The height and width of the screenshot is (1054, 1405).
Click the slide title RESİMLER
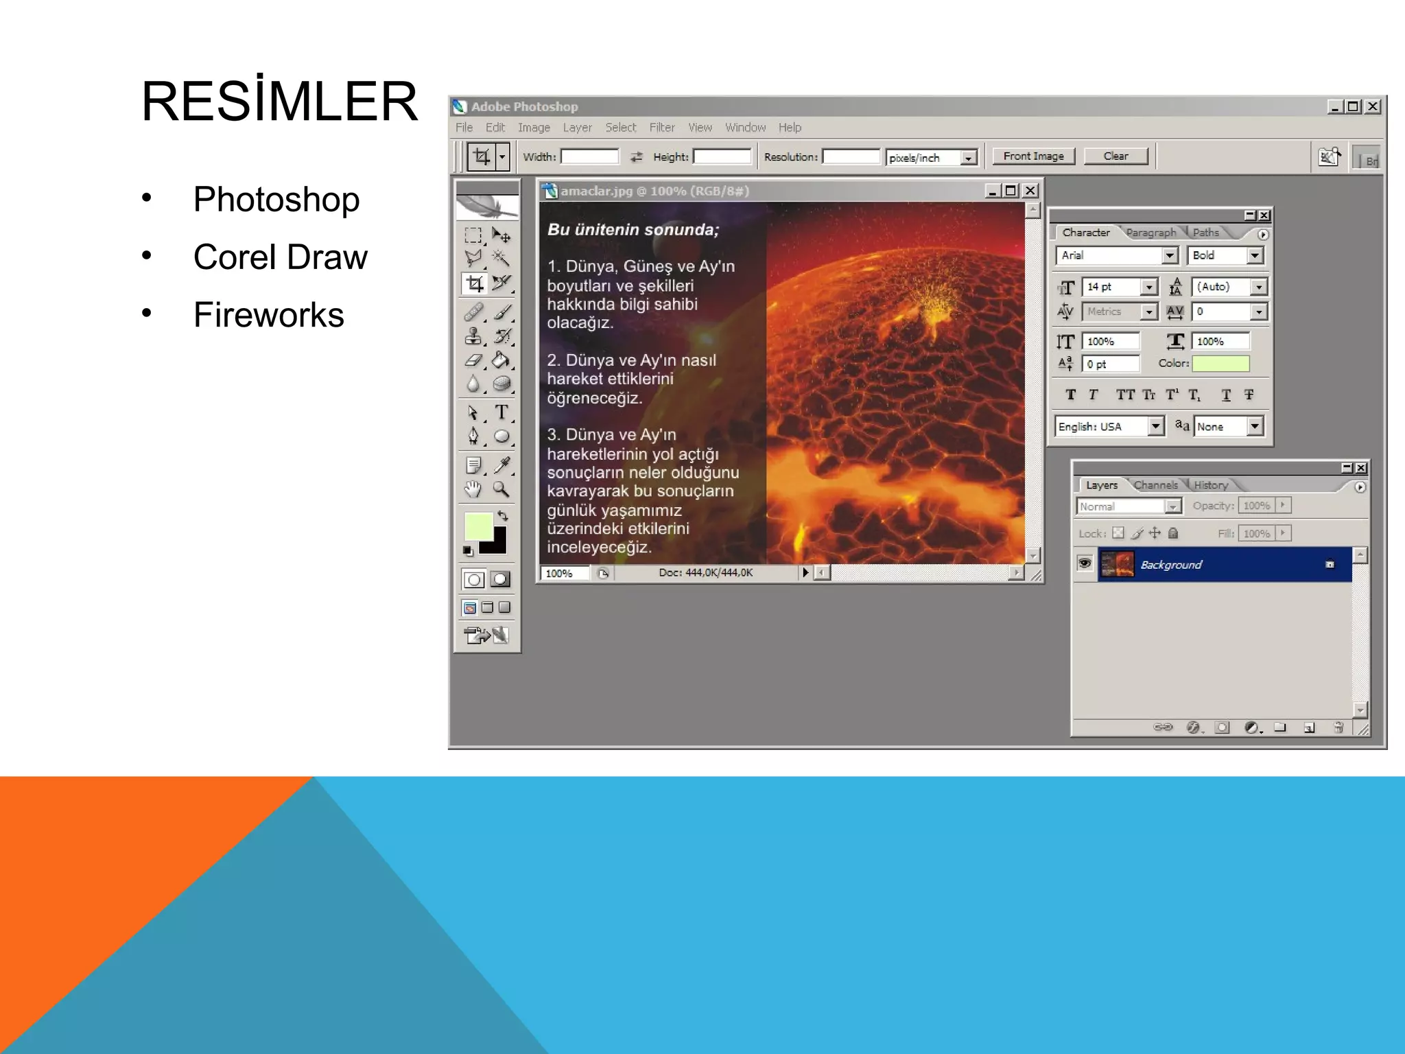[x=279, y=102]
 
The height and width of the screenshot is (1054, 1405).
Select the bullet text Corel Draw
[x=280, y=257]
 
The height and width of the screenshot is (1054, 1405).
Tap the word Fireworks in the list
[x=268, y=315]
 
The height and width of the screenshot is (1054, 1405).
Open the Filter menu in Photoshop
[x=661, y=128]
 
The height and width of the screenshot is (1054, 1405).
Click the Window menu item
[x=745, y=128]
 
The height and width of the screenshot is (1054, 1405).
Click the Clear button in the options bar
[x=1115, y=156]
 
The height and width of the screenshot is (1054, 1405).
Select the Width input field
[x=589, y=157]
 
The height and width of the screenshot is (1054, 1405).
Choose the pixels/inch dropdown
[x=930, y=158]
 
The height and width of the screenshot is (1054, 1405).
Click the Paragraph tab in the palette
[x=1150, y=233]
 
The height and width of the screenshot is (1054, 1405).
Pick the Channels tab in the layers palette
[x=1155, y=485]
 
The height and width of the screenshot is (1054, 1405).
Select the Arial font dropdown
[x=1115, y=255]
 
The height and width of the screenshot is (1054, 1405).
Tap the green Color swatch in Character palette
[x=1220, y=364]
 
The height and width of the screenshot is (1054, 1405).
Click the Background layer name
[x=1171, y=565]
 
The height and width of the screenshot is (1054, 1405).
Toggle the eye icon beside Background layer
[x=1085, y=564]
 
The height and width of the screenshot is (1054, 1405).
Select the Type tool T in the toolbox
[x=501, y=412]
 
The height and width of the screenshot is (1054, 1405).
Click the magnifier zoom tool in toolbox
[x=501, y=489]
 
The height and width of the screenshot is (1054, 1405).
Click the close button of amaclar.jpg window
[x=1030, y=191]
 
